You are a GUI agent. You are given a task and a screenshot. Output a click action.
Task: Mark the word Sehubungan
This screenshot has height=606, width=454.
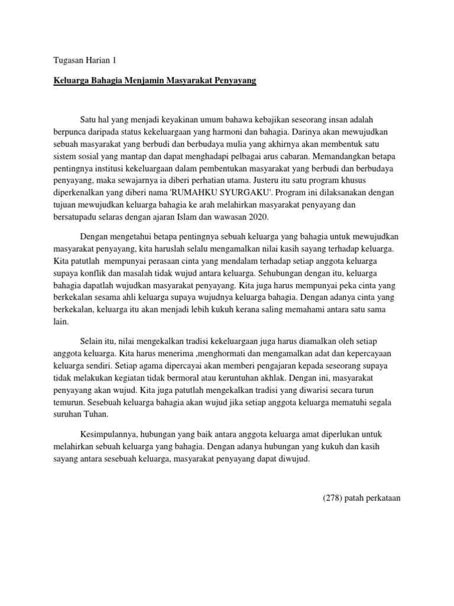[x=280, y=274]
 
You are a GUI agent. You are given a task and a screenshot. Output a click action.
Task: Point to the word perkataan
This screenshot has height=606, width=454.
[x=382, y=498]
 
